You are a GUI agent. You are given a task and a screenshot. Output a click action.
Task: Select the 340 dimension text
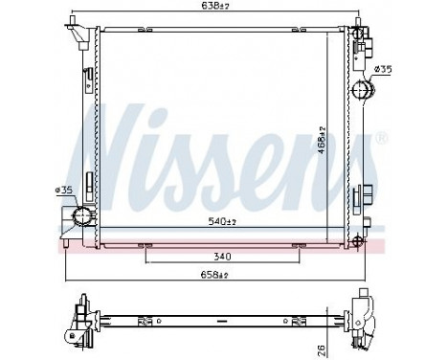coord(221,256)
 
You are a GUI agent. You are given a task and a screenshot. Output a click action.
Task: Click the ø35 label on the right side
coord(382,69)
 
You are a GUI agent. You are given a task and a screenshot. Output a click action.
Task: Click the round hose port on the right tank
coord(363,90)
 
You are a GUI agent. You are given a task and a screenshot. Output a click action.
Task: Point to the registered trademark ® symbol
coord(382,139)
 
